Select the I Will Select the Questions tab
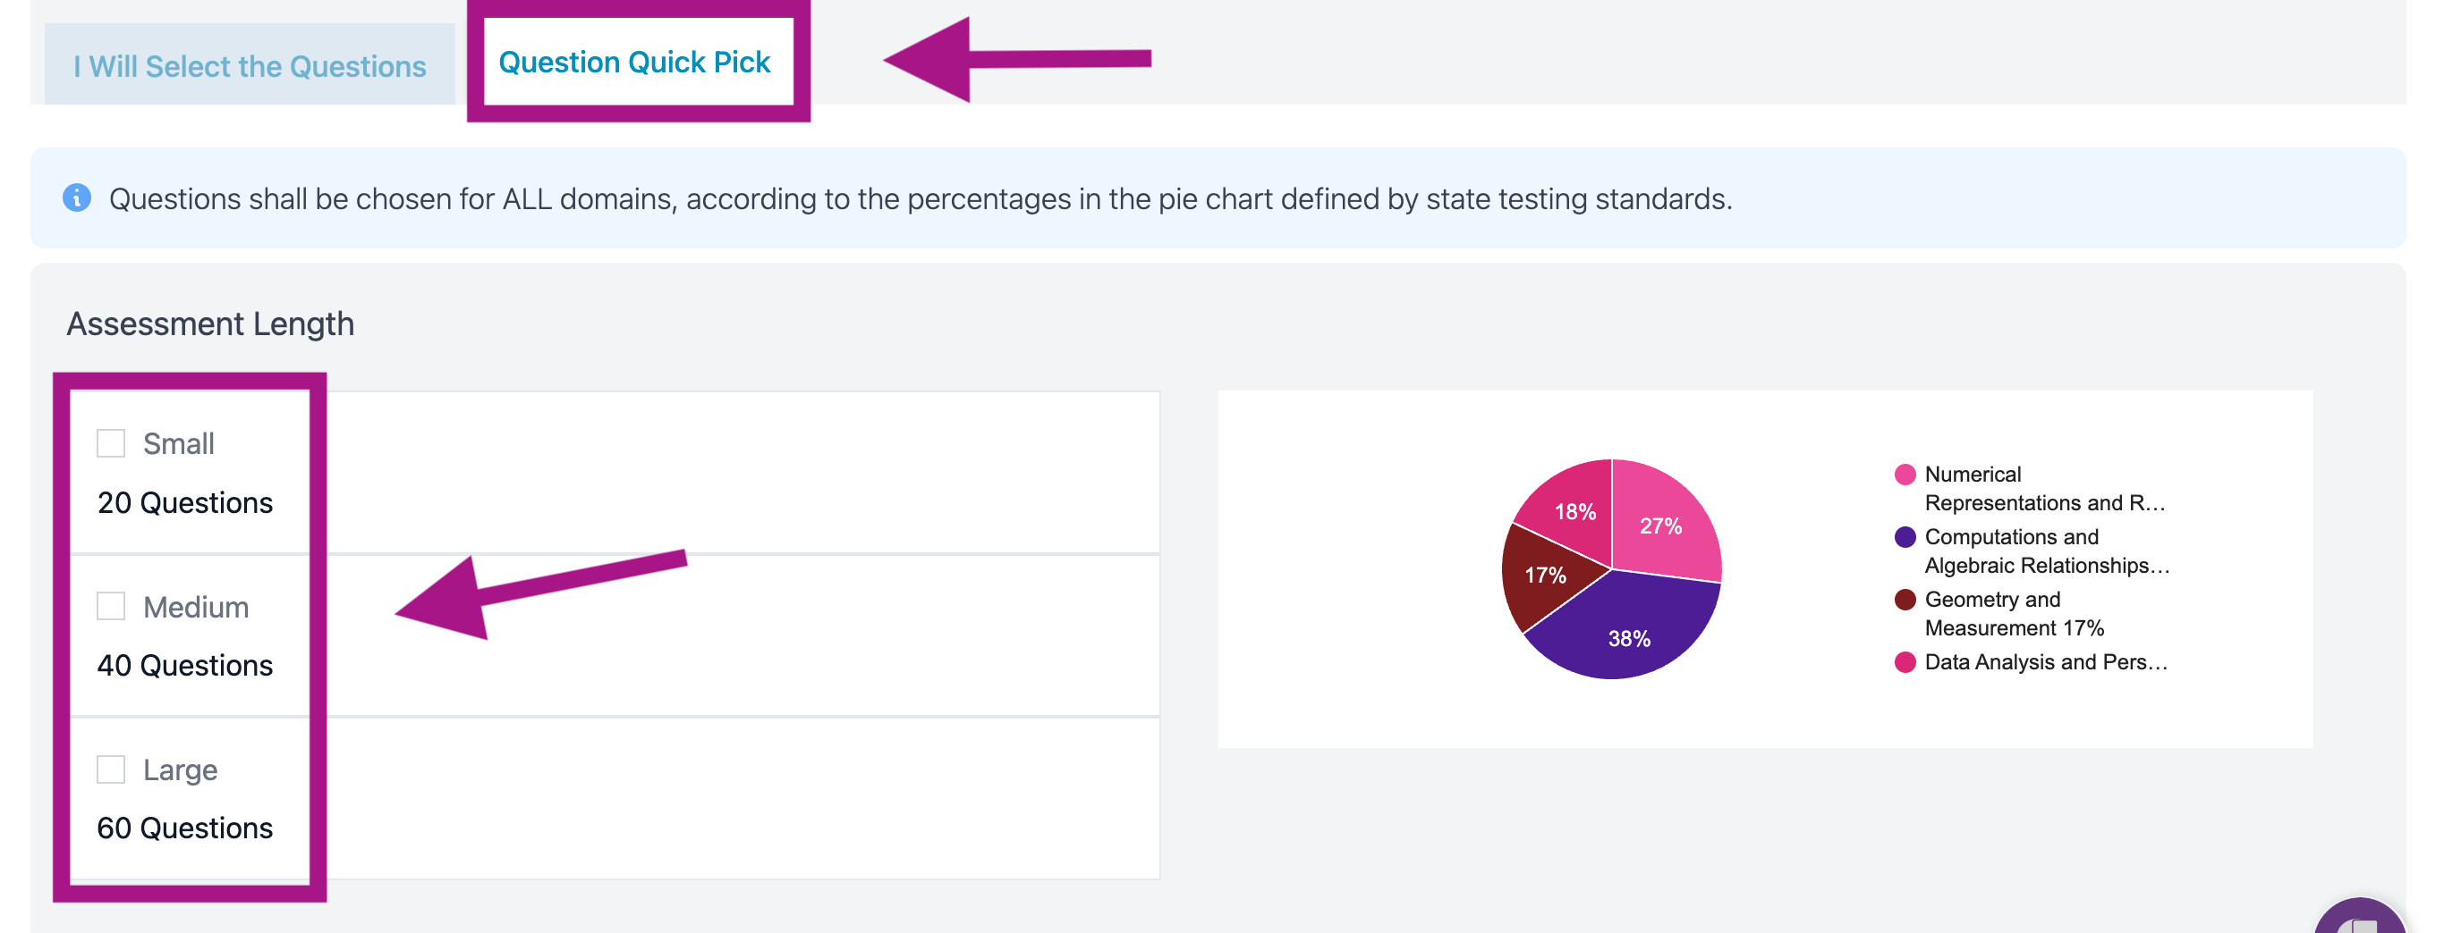pos(250,64)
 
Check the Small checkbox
pos(111,442)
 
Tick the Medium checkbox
pos(111,606)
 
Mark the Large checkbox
pos(111,769)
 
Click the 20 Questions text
pos(185,502)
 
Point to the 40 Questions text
pos(185,666)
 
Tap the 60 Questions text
pos(185,828)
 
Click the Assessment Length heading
pos(210,324)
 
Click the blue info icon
pos(77,198)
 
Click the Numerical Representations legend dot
pos(1905,474)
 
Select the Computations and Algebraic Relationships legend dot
pos(1905,537)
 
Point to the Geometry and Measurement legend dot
pos(1905,600)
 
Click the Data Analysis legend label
pos(2046,662)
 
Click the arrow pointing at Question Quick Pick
pos(1017,59)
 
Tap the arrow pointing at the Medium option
pos(541,593)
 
